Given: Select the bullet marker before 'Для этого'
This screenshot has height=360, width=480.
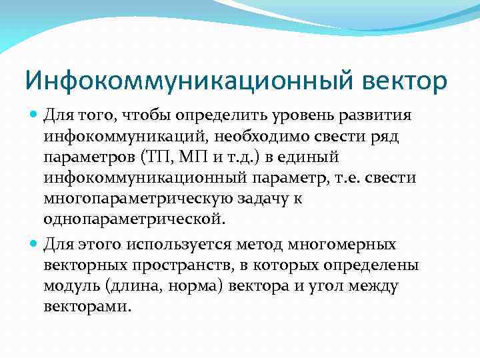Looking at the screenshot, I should pos(34,245).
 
